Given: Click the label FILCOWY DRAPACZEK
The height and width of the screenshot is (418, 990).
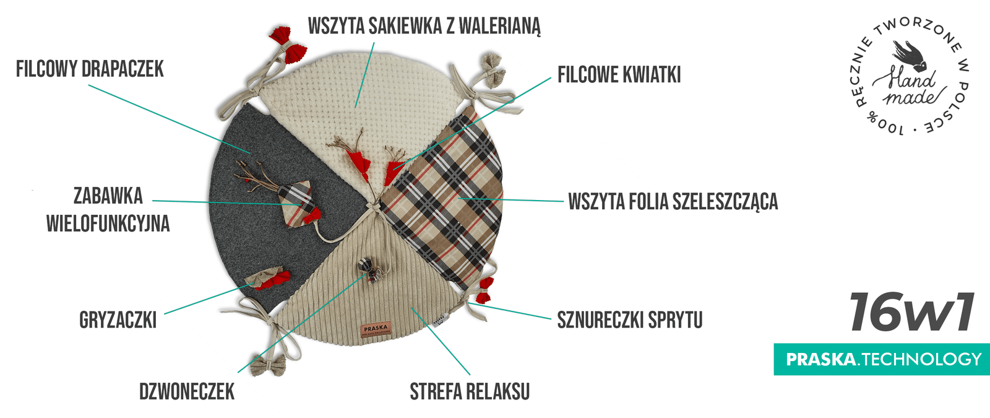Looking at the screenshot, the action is tap(90, 69).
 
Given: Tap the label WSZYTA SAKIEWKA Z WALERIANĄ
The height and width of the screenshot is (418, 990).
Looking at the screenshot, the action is tap(424, 25).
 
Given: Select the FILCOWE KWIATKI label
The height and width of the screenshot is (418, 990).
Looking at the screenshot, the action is tap(619, 74).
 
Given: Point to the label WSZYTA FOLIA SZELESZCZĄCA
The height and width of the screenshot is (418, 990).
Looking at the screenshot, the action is tap(673, 201).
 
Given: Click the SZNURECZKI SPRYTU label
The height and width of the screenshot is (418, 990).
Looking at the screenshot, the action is tap(630, 320).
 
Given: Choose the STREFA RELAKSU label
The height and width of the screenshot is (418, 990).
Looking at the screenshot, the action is tap(470, 391).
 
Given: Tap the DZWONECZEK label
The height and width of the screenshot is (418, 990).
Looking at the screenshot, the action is tap(187, 391).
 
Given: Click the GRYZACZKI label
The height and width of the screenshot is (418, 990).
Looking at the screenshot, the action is tap(118, 320).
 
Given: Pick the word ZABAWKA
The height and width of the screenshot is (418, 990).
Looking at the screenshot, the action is tap(108, 196).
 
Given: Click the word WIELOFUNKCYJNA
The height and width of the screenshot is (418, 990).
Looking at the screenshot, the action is tap(108, 224).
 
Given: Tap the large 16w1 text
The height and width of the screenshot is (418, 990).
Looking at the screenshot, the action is tap(911, 311).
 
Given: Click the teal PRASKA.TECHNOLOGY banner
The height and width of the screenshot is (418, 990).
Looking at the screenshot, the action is tap(882, 359).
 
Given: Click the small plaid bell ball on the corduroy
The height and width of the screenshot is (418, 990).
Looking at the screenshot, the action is tap(366, 265).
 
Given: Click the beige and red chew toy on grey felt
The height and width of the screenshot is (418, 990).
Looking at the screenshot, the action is tap(268, 279).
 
